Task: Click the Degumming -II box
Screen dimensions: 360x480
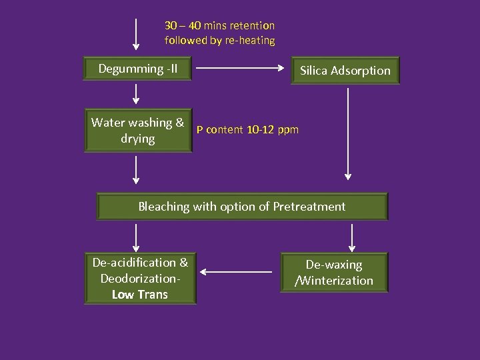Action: (x=138, y=69)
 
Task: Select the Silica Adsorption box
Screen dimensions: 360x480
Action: (x=345, y=70)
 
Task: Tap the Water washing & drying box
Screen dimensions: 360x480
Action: (x=138, y=131)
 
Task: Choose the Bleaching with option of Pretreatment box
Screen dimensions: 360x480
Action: (x=242, y=207)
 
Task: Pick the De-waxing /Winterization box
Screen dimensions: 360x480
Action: (x=334, y=273)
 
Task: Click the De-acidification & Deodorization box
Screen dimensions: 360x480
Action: (x=140, y=279)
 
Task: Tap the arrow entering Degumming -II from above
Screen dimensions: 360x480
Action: (x=136, y=35)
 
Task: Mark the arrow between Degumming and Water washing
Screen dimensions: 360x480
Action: (x=136, y=94)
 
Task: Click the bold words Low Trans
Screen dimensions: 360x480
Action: (x=140, y=294)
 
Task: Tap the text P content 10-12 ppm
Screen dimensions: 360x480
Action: (x=247, y=129)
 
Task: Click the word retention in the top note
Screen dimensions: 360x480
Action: (x=251, y=25)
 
